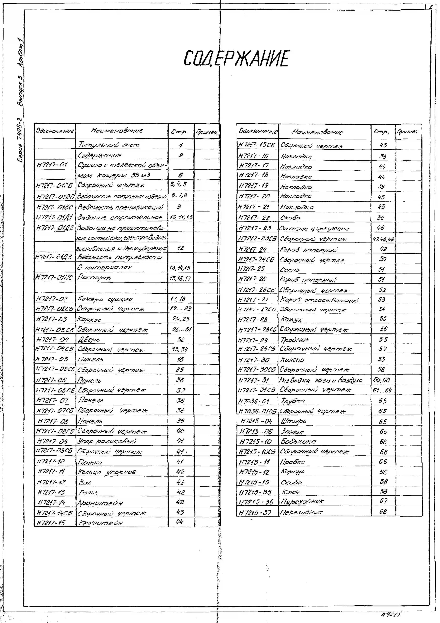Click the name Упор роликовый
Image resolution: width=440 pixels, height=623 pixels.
tap(106, 441)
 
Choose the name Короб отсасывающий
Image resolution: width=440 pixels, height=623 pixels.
tap(319, 300)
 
